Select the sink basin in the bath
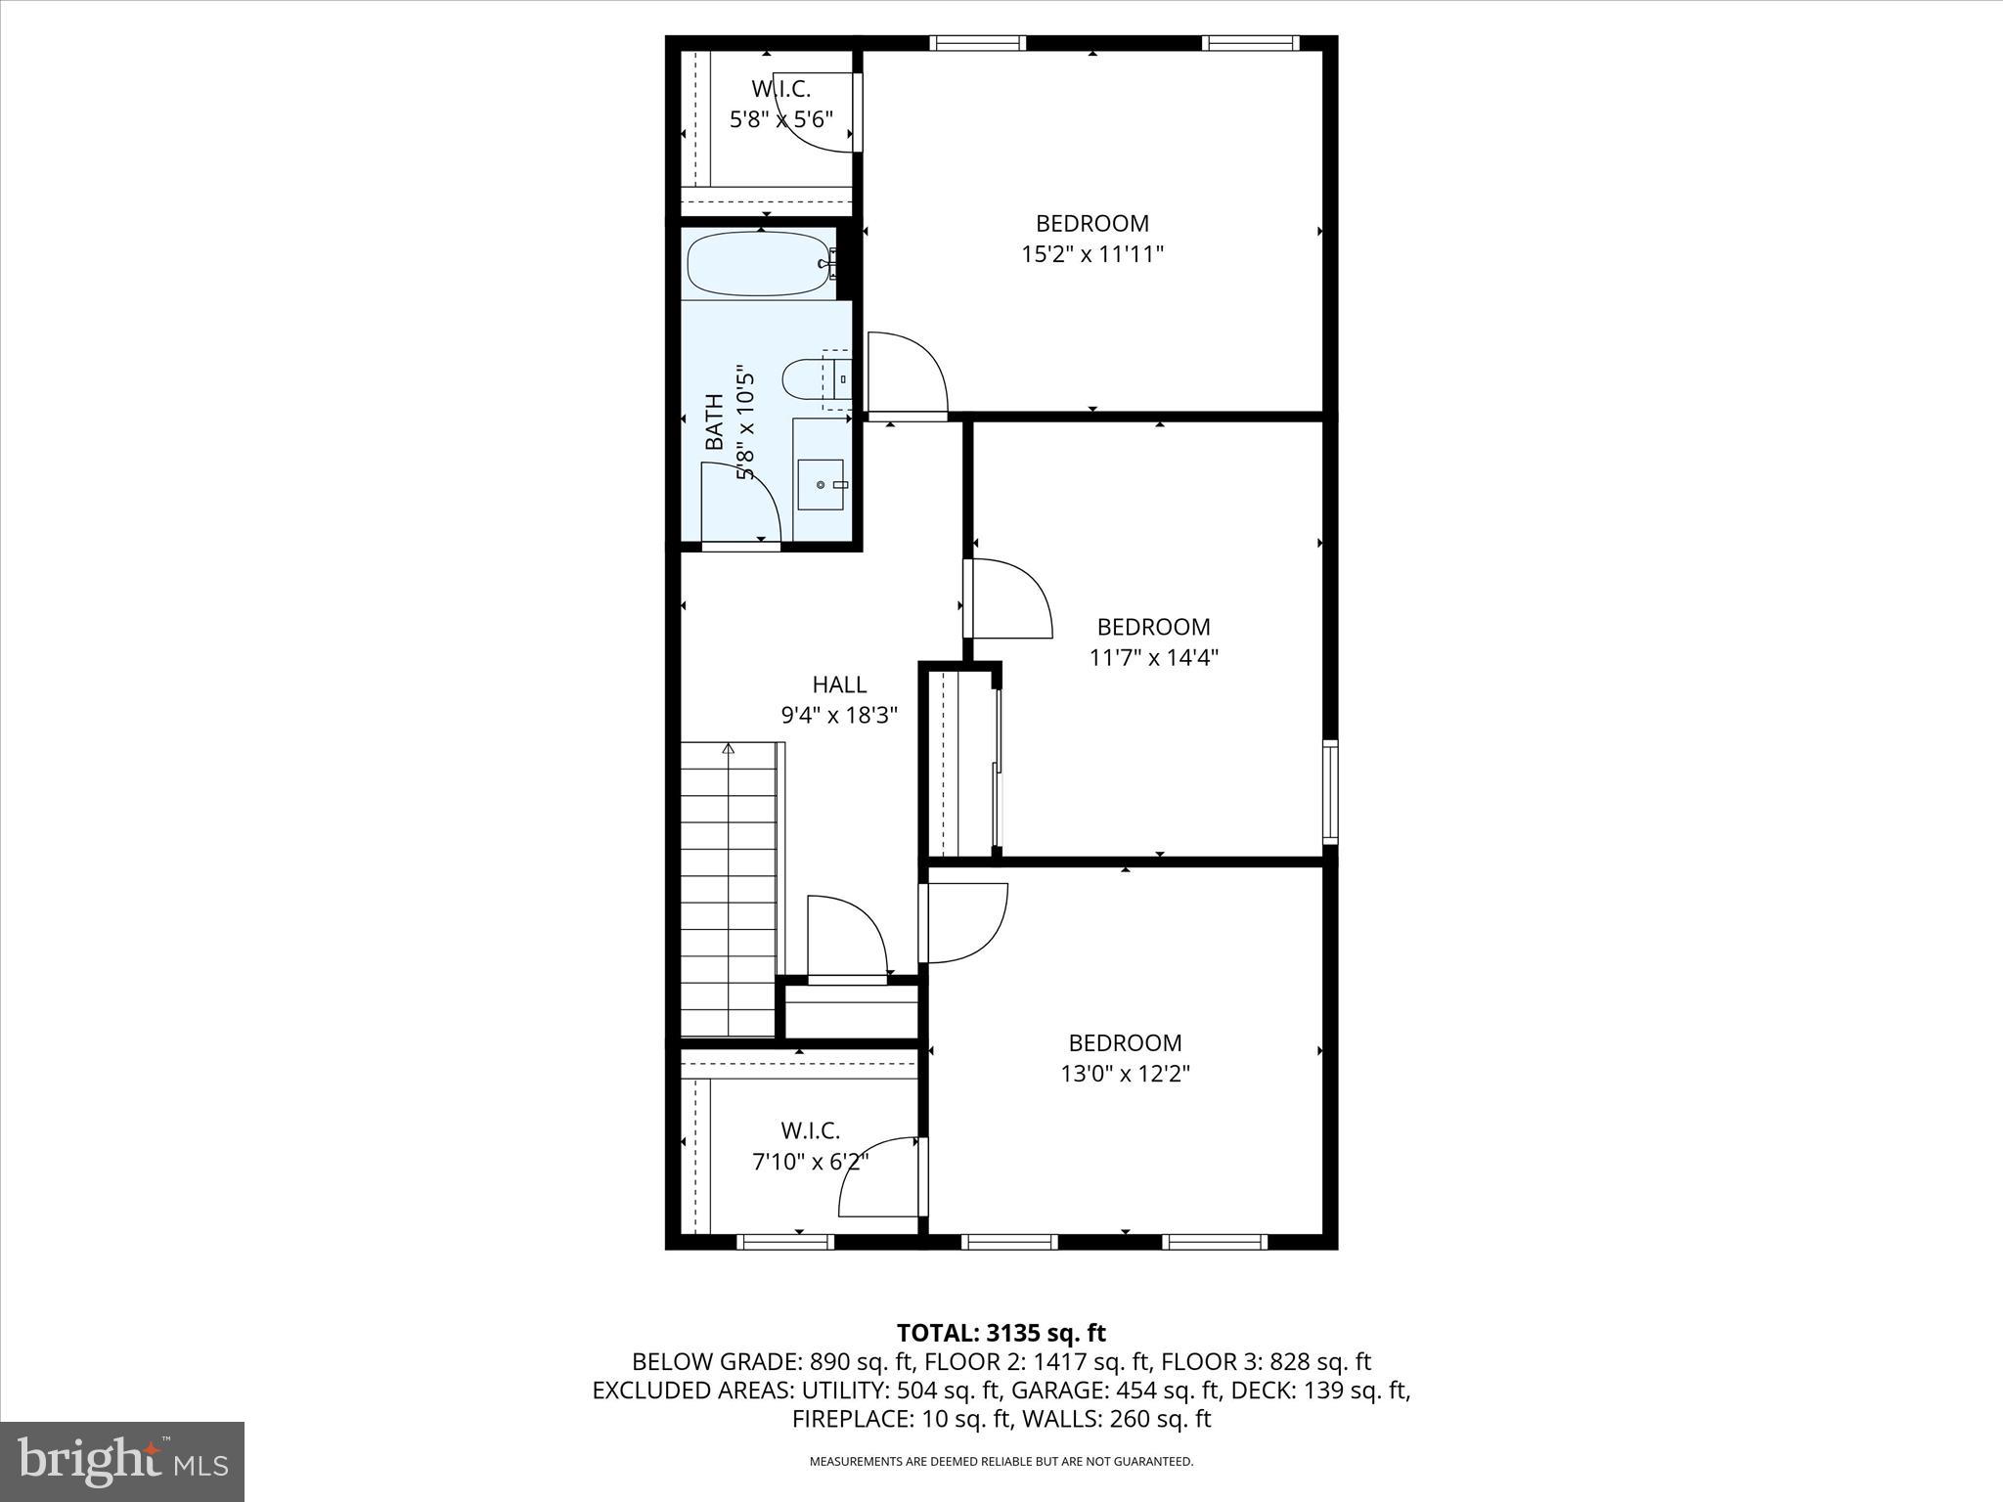click(820, 484)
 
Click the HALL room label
click(839, 685)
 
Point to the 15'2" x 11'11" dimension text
click(1092, 255)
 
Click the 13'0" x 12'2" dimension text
click(1125, 1075)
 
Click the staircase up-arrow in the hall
click(729, 750)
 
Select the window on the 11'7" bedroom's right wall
click(1330, 792)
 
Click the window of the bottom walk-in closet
click(785, 1242)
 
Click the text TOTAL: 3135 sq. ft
click(1001, 1333)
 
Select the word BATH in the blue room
click(715, 421)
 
